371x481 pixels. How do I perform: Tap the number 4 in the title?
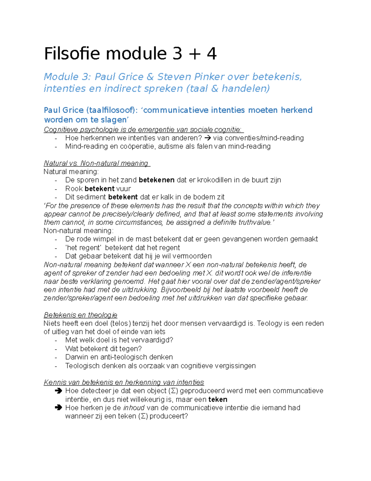(211, 54)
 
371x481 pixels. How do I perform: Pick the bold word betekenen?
(157, 180)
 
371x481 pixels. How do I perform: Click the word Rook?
(74, 189)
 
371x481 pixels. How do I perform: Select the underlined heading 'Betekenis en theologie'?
(80, 315)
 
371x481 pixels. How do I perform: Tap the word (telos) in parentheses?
(121, 323)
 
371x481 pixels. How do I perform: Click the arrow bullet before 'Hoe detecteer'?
(58, 391)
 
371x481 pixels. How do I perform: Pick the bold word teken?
(218, 400)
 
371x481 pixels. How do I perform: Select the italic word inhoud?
(134, 408)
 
